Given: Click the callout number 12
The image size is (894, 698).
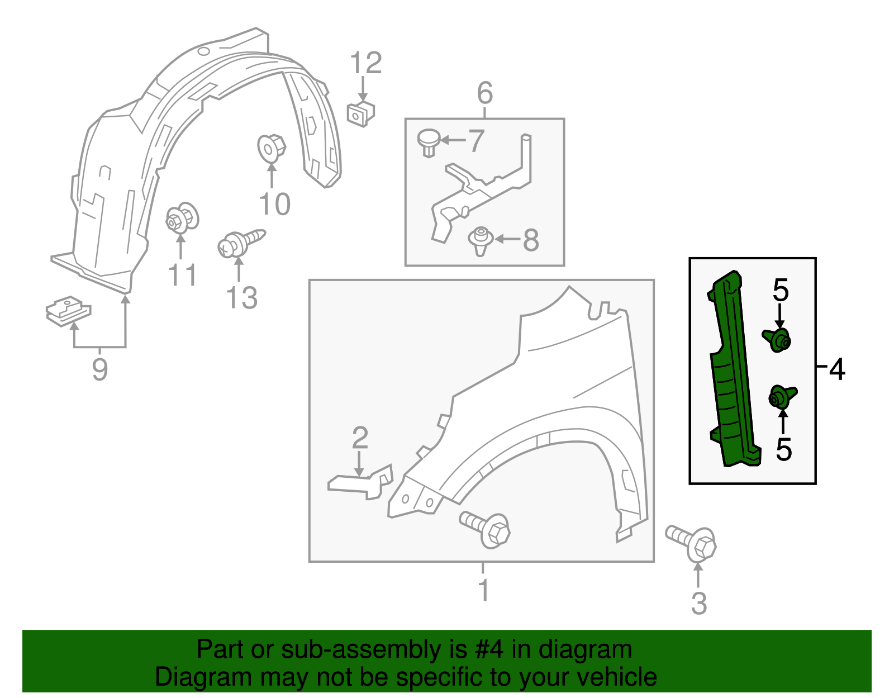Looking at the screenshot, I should (x=366, y=63).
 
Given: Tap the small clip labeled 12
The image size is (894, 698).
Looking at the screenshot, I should (x=361, y=114).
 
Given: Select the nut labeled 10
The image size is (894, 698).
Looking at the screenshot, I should (x=272, y=148).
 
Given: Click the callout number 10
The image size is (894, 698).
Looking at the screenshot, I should (x=274, y=205).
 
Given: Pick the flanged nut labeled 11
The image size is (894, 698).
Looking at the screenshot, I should (x=182, y=219).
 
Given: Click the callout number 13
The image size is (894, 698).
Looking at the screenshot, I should (x=241, y=298).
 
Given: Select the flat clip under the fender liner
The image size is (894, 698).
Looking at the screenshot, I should (x=68, y=310).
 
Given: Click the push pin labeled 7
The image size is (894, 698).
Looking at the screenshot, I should (x=429, y=143).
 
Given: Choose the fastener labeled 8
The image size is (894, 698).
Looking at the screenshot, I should (x=480, y=241).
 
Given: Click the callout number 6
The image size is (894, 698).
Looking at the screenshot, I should (x=484, y=93).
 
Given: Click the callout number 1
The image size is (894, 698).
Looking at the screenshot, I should (x=484, y=591).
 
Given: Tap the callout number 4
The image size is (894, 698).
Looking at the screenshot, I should (x=836, y=369).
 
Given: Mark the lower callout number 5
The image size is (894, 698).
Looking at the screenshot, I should (x=783, y=449).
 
